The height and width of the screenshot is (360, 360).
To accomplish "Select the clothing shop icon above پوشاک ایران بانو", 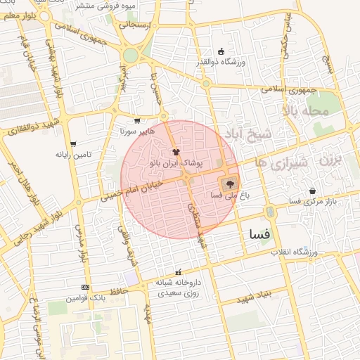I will (176, 151).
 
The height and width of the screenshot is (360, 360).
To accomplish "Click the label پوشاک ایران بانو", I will (176, 162).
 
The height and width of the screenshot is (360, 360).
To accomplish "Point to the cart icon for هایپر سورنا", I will (136, 121).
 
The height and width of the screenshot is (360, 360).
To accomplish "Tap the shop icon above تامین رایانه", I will (73, 144).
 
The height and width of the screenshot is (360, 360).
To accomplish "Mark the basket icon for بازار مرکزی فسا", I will (312, 191).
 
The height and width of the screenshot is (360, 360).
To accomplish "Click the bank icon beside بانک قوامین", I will (86, 287).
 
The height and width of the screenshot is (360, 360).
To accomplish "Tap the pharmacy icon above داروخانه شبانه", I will (177, 272).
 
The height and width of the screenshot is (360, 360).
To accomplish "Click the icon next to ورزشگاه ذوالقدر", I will (222, 51).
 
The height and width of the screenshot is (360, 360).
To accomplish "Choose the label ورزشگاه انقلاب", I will (295, 252).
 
